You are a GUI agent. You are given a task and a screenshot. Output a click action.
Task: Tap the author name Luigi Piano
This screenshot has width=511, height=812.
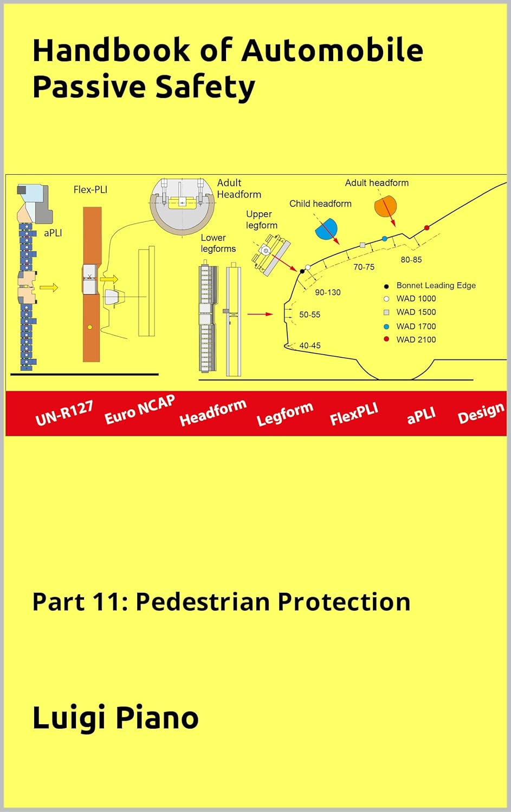(x=115, y=718)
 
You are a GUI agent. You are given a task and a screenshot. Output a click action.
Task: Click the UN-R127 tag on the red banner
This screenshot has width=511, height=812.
(x=64, y=412)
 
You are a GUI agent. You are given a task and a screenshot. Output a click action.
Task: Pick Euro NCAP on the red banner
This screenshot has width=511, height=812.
(x=140, y=409)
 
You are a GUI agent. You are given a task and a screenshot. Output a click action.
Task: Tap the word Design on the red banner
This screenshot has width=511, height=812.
(x=481, y=413)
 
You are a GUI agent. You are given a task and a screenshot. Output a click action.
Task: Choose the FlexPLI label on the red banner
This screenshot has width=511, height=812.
(x=354, y=414)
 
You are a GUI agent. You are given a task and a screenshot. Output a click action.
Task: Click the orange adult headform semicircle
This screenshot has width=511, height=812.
(x=385, y=206)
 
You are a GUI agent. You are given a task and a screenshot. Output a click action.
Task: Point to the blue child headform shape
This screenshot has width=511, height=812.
(x=326, y=229)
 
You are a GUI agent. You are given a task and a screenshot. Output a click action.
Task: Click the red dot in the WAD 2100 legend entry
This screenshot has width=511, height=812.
(x=386, y=339)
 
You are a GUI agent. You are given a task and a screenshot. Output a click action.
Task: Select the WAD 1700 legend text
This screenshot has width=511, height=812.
(x=416, y=326)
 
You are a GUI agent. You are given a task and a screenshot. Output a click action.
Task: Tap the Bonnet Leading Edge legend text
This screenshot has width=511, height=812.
(x=436, y=285)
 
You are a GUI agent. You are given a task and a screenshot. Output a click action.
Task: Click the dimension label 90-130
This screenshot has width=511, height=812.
(x=328, y=292)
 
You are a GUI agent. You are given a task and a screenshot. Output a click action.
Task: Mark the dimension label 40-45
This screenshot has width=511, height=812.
(x=309, y=345)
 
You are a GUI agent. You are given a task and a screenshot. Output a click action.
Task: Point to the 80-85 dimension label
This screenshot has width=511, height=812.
(x=411, y=260)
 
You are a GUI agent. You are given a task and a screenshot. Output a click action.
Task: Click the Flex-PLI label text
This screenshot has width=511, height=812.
(x=90, y=189)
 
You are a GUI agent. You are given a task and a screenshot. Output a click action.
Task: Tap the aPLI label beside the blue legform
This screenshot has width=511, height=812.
(x=53, y=233)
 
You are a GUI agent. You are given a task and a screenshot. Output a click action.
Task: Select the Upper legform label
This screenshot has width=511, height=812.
(x=261, y=220)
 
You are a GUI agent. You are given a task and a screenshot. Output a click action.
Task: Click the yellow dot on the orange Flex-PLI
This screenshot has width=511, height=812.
(x=90, y=327)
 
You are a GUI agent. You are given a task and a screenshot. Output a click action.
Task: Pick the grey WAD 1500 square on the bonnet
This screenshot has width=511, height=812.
(x=363, y=245)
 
